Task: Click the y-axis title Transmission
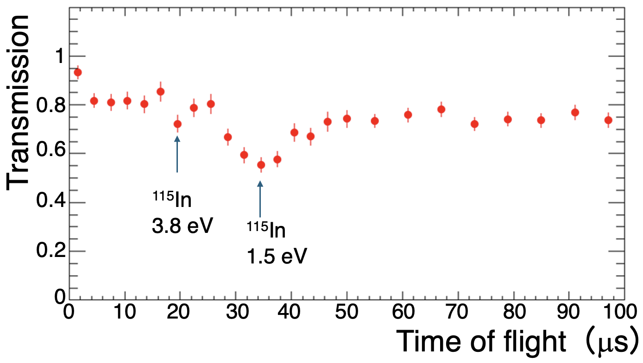pyautogui.click(x=19, y=101)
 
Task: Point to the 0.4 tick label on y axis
pyautogui.click(x=50, y=203)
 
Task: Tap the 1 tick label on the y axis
pyautogui.click(x=59, y=56)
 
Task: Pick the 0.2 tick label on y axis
pyautogui.click(x=50, y=252)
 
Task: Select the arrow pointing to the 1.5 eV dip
pyautogui.click(x=260, y=198)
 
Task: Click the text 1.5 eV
pyautogui.click(x=276, y=256)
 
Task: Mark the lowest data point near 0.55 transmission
pyautogui.click(x=261, y=165)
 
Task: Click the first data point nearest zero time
pyautogui.click(x=78, y=72)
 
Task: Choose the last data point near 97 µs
pyautogui.click(x=608, y=120)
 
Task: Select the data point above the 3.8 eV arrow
pyautogui.click(x=177, y=124)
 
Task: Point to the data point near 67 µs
pyautogui.click(x=441, y=109)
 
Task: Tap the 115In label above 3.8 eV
pyautogui.click(x=172, y=201)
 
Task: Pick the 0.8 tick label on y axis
pyautogui.click(x=50, y=105)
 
